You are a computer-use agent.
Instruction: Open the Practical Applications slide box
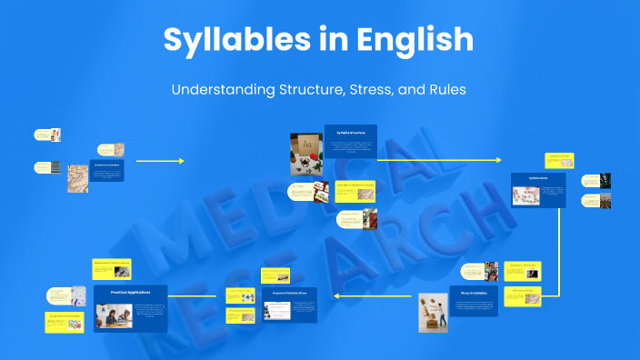(130, 308)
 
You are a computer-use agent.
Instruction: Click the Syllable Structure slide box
(350, 145)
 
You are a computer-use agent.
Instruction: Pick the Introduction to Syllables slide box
(106, 170)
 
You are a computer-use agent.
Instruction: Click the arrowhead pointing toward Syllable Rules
(497, 160)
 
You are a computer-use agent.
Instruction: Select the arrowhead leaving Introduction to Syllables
(181, 161)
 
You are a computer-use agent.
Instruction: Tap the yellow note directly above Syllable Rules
(558, 162)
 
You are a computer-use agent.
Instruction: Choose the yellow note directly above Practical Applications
(112, 265)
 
